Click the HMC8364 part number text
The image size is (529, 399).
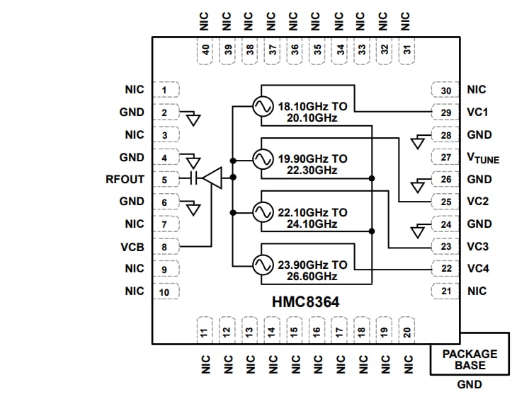coord(306,301)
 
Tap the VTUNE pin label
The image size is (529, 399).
coord(483,158)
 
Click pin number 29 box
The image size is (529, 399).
coord(445,112)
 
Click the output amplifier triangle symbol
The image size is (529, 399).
coord(212,178)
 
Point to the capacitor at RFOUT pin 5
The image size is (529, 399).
coord(191,178)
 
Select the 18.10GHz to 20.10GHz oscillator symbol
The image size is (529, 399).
coord(261,107)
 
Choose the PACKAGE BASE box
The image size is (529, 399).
coord(470,359)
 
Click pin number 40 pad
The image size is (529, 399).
coord(205,50)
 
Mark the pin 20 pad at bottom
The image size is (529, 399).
coord(407,331)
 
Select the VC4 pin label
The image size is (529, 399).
coord(479,269)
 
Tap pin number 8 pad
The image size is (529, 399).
coord(164,246)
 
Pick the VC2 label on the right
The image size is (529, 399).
coord(479,202)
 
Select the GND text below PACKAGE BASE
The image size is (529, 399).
coord(469,384)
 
